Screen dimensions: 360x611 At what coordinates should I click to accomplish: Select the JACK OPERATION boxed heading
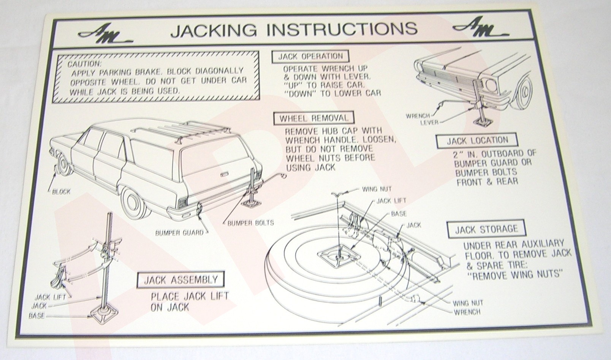[310, 57]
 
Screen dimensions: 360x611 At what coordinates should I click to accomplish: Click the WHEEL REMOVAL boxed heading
[313, 118]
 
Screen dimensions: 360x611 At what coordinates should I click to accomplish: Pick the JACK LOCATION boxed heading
[477, 141]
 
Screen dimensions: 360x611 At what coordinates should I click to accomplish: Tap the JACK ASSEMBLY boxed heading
[180, 280]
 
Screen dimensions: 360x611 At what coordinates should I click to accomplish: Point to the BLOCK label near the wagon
[61, 191]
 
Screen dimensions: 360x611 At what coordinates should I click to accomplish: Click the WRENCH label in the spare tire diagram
[467, 312]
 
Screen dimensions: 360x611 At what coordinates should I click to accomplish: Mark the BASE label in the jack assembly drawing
[36, 316]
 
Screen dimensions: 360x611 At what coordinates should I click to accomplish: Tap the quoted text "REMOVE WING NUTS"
[517, 274]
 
